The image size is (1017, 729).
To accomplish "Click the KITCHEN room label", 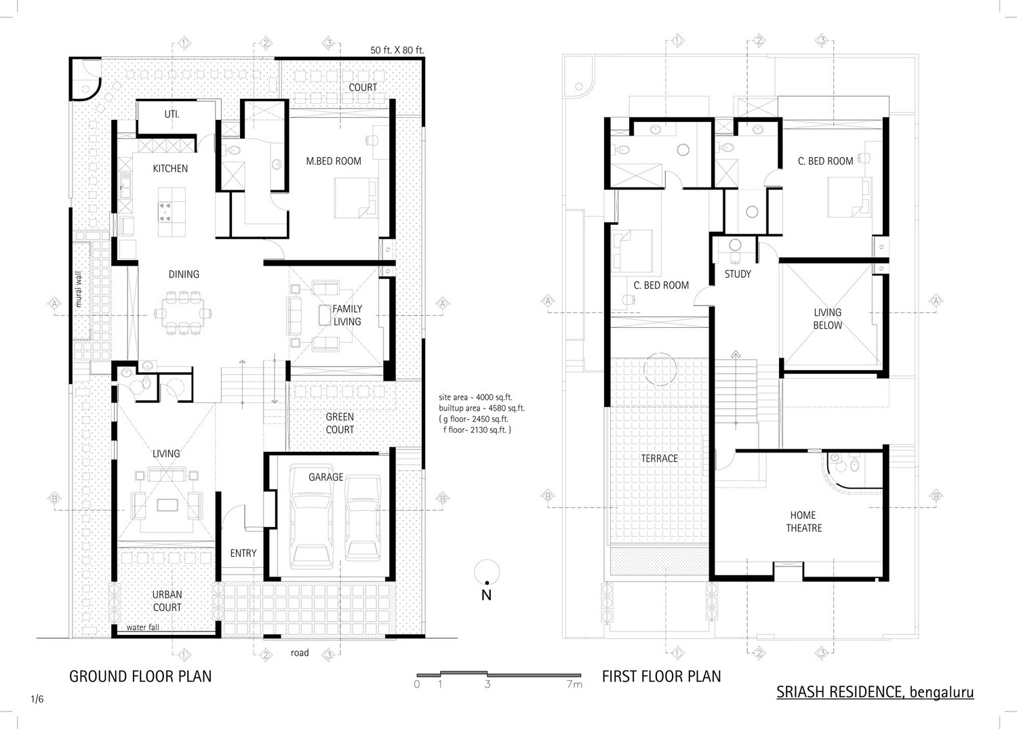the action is point(170,169).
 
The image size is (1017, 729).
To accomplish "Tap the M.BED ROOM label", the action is point(334,161).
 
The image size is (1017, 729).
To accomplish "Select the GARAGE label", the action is point(326,477).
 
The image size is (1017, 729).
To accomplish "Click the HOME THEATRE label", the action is point(803,522).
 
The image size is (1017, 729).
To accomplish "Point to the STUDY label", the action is point(738,274).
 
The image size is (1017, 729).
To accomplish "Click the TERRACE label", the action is point(659,459).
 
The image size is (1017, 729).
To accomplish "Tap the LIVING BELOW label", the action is point(827,319).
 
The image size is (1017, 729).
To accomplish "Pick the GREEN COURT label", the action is point(340,423).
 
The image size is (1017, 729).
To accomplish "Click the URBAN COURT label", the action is point(167,601).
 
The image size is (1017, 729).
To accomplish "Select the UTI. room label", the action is point(172,114).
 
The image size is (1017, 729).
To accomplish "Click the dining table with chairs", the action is point(183,314).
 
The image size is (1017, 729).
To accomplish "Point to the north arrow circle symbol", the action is point(487,572).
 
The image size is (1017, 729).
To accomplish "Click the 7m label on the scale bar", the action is point(574,684).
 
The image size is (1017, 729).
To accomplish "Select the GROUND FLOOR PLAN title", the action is point(140,676).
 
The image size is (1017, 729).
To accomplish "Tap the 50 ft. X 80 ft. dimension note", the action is point(397,50).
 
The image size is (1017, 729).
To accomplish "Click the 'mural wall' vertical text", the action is point(79,289).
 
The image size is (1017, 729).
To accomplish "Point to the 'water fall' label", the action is point(142,627).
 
